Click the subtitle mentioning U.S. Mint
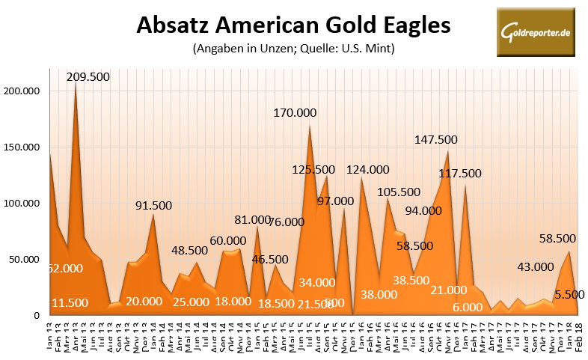tap(293, 50)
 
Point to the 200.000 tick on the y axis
tap(24, 91)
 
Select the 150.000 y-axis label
tap(24, 147)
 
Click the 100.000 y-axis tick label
tap(24, 203)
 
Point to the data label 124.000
tap(368, 170)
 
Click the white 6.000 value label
tap(468, 307)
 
